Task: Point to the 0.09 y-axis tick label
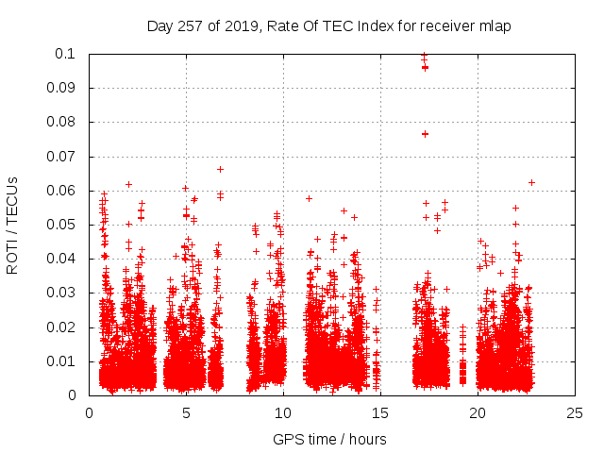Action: coord(63,88)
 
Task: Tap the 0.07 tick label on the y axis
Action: coord(63,157)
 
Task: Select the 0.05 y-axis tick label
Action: coord(63,225)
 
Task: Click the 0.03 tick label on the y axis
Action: coord(63,293)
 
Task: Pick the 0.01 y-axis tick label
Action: coord(63,361)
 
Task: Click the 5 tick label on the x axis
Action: coord(186,412)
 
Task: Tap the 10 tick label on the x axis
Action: coord(283,412)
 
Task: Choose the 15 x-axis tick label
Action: coord(380,412)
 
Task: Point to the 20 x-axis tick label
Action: coord(478,412)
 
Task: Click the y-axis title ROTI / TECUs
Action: coord(12,225)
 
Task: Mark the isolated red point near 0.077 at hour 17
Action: coord(425,134)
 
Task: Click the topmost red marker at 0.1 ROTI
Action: coord(424,55)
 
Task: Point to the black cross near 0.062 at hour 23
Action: coord(531,182)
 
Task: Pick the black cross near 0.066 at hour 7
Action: coord(220,169)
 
